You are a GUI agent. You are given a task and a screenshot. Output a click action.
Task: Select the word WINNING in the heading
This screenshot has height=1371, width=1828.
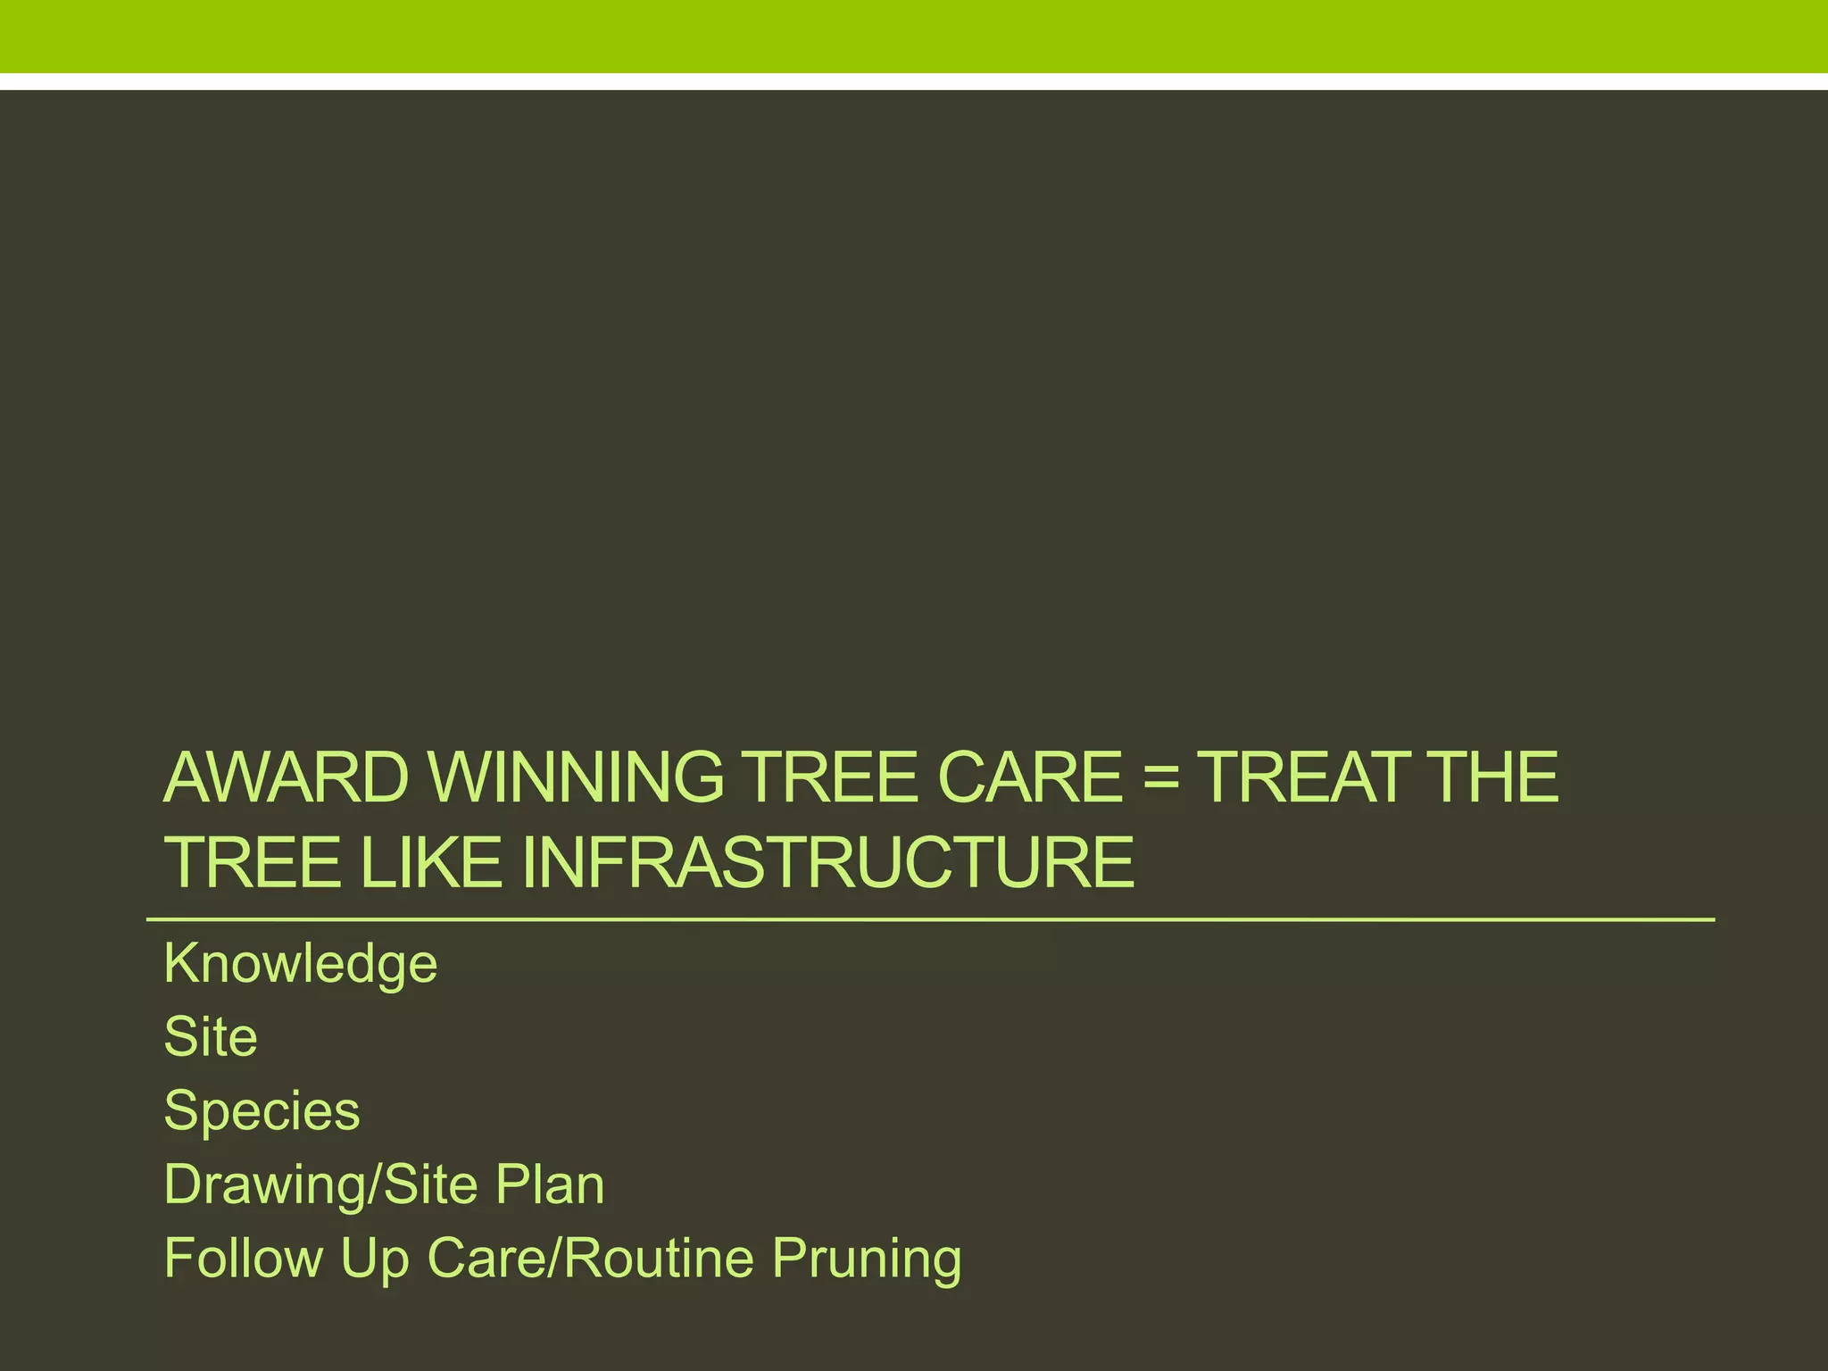pos(577,777)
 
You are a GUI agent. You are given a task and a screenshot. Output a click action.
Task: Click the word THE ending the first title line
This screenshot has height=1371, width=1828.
pos(1493,777)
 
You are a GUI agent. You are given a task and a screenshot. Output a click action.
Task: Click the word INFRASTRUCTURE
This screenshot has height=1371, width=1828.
pos(827,862)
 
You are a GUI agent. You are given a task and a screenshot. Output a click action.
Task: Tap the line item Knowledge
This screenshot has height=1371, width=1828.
pos(301,964)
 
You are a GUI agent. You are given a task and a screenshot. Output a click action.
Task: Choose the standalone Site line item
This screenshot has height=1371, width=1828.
pos(211,1037)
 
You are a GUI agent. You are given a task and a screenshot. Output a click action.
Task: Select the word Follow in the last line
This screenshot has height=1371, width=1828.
pos(244,1258)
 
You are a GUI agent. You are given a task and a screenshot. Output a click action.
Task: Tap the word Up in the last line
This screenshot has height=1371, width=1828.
pos(374,1259)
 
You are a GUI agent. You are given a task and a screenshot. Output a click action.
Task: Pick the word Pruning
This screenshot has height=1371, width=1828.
pos(867,1259)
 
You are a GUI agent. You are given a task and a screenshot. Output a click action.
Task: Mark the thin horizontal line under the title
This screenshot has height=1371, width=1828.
pos(928,919)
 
